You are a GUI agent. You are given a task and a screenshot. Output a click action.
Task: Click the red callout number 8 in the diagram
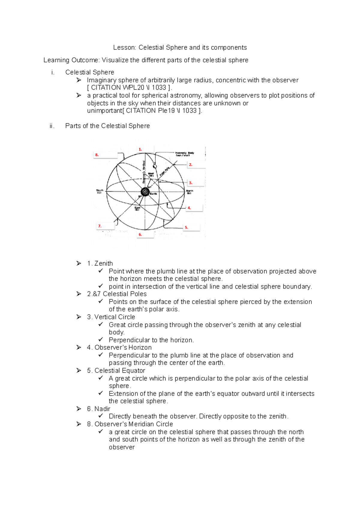pyautogui.click(x=97, y=155)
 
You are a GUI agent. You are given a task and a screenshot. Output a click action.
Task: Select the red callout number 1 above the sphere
pyautogui.click(x=140, y=149)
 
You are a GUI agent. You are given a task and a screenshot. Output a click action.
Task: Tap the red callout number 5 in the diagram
pyautogui.click(x=186, y=228)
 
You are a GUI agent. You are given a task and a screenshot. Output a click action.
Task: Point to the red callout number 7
pyautogui.click(x=100, y=226)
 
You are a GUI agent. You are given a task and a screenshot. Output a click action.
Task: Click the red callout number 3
pyautogui.click(x=190, y=183)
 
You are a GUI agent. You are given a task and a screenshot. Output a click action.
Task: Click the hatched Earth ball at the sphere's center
pyautogui.click(x=145, y=192)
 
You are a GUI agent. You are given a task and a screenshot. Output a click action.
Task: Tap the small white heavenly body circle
pyautogui.click(x=155, y=166)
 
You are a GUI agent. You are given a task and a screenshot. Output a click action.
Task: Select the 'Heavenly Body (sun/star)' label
pyautogui.click(x=184, y=154)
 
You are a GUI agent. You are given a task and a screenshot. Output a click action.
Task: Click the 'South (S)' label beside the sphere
pyautogui.click(x=100, y=192)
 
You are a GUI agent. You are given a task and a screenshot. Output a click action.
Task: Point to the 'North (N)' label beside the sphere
pyautogui.click(x=190, y=192)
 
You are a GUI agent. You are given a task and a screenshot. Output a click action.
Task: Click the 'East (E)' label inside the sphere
pyautogui.click(x=137, y=209)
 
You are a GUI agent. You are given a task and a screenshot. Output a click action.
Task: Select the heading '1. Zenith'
pyautogui.click(x=100, y=263)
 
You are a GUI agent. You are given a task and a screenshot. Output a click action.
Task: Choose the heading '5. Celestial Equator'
pyautogui.click(x=116, y=371)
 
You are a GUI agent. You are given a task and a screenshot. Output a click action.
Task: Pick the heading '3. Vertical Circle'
pyautogui.click(x=111, y=317)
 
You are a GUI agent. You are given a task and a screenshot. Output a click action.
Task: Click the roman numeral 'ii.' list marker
pyautogui.click(x=52, y=126)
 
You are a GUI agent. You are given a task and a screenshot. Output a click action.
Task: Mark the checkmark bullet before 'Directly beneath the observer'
pyautogui.click(x=100, y=416)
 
